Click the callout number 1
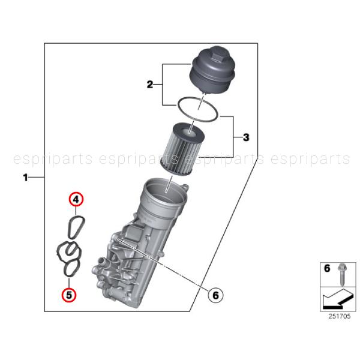pos(25,178)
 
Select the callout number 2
pos(150,85)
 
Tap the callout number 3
pos(246,138)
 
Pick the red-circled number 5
pos(69,295)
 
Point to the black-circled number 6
pos(215,295)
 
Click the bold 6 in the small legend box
pos(327,269)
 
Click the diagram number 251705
pos(338,316)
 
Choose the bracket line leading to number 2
pos(164,85)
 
